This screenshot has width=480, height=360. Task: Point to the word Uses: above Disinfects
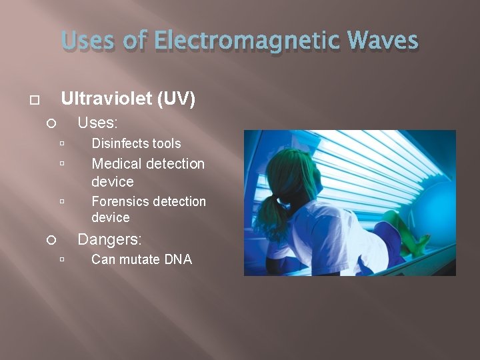[x=98, y=123]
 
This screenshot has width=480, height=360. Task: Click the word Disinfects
[x=119, y=143]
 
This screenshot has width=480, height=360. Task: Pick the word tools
[x=166, y=143]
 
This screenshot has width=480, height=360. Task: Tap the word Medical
[x=118, y=163]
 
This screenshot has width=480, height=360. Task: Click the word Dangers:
[x=110, y=239]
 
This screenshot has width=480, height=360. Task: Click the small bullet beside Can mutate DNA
[x=61, y=260]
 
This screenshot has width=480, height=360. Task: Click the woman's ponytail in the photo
[x=270, y=213]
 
